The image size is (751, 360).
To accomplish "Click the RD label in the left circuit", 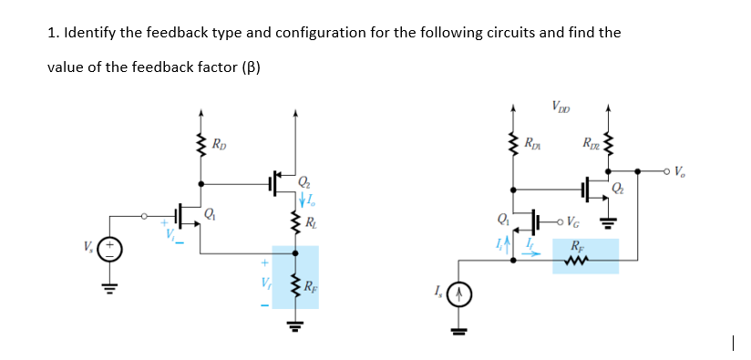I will point(220,144).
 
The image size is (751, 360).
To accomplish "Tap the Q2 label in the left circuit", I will point(304,183).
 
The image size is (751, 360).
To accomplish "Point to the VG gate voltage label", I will point(572,220).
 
